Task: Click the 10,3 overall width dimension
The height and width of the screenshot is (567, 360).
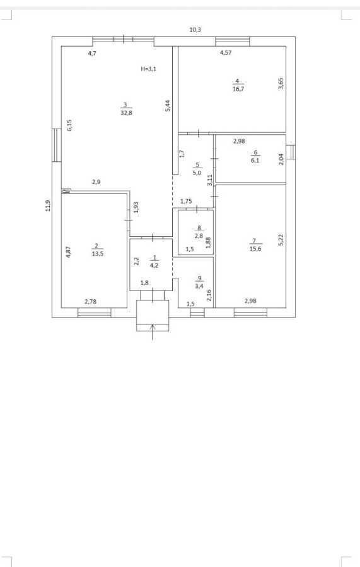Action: (x=195, y=30)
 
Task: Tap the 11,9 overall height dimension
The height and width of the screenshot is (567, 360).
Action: (x=48, y=206)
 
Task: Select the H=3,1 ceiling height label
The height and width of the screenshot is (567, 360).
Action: (x=148, y=69)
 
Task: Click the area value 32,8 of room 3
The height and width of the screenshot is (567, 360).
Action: (x=126, y=113)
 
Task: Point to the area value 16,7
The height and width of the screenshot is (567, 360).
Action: (x=238, y=89)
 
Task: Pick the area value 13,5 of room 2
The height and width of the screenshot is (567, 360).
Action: (x=98, y=253)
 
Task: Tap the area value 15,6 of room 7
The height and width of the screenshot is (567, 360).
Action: (x=255, y=248)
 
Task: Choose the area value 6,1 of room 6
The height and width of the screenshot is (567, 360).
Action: (x=255, y=160)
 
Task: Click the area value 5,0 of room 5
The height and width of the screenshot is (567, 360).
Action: (x=197, y=173)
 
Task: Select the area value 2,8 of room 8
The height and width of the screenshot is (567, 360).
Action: (x=199, y=236)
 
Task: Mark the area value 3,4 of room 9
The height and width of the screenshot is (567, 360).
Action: (x=199, y=286)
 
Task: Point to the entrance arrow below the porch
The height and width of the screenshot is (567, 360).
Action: (x=153, y=332)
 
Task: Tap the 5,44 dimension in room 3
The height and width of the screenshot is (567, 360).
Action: (x=168, y=106)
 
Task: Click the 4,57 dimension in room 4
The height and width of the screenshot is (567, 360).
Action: (x=226, y=53)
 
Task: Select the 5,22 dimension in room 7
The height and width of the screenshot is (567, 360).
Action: (x=281, y=240)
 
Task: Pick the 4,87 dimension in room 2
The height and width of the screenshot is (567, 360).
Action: (x=68, y=251)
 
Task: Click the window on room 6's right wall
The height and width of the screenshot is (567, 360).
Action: (x=291, y=152)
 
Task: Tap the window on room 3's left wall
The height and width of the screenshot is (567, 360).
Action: (x=57, y=145)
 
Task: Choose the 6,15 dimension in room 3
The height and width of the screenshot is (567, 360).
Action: (x=69, y=125)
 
